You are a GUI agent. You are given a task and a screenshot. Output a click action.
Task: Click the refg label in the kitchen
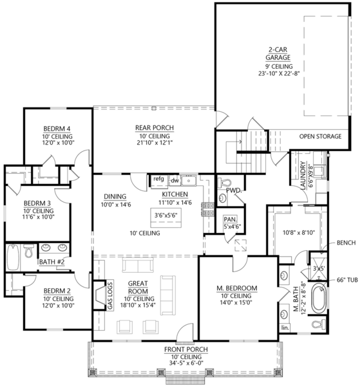coord(158,179)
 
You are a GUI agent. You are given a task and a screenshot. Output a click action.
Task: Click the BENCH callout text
coord(346,244)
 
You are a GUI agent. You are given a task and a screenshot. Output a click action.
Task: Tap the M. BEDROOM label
coord(236,287)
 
